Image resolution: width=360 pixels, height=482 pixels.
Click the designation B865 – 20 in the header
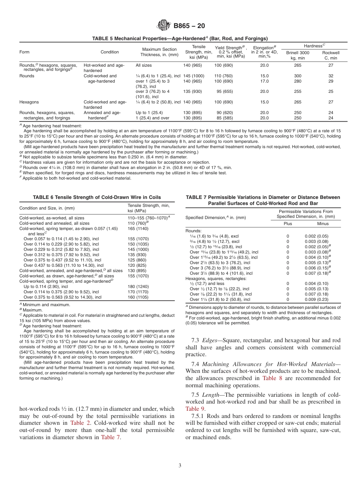[189, 26]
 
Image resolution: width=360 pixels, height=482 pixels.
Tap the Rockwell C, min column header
[330, 55]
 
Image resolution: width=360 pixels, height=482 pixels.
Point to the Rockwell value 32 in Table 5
[330, 76]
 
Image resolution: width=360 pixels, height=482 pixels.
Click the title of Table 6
[97, 197]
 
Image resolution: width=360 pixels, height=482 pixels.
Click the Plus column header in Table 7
[288, 224]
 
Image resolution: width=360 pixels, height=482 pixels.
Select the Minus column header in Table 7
[322, 224]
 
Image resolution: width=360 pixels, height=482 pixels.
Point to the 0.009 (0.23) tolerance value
[316, 299]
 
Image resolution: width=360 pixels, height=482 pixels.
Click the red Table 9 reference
[195, 408]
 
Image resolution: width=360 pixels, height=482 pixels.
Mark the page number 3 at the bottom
[180, 465]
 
